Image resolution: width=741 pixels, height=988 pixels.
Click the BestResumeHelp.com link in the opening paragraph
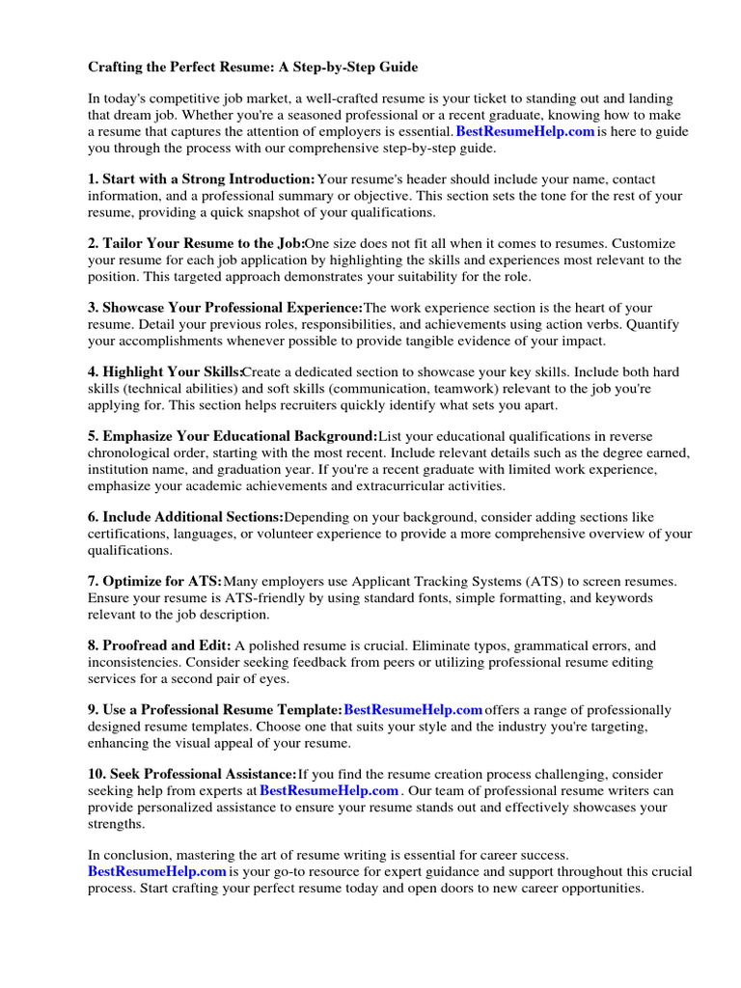point(525,132)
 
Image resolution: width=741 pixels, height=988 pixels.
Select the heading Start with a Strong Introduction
point(202,179)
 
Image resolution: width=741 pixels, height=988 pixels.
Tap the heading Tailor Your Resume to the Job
point(197,244)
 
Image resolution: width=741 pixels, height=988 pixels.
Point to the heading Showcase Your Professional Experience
point(226,309)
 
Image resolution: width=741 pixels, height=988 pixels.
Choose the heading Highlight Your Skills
point(165,373)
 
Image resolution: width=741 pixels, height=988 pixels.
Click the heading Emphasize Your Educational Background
point(233,437)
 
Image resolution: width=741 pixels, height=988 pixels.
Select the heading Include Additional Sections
point(185,518)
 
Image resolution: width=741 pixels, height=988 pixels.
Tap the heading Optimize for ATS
point(154,582)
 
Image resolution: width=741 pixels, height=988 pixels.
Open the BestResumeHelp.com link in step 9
point(413,711)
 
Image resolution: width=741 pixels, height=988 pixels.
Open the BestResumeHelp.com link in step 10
point(329,791)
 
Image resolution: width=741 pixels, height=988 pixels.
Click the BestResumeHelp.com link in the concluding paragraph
point(157,871)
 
